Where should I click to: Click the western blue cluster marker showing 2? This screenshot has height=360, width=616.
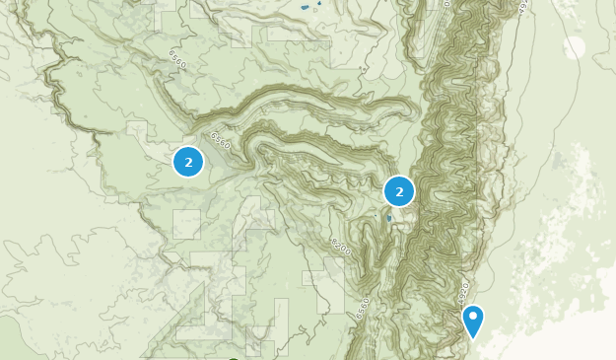188,162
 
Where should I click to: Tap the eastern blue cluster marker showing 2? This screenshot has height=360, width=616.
399,191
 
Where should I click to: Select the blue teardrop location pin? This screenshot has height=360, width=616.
473,321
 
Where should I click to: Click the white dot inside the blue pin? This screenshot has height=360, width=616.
473,317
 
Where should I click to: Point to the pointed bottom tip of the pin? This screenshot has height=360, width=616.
473,339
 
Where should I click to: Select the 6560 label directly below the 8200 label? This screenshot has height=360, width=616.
363,305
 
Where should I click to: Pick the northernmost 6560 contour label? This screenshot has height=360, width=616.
177,59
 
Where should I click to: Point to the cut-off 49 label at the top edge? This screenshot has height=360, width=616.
522,5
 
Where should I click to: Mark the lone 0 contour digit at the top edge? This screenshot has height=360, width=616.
445,4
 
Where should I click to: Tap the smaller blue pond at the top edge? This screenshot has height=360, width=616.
319,3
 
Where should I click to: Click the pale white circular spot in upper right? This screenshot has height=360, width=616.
575,46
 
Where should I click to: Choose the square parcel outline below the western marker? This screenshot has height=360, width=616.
186,224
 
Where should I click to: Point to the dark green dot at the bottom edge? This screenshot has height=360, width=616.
234,358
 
